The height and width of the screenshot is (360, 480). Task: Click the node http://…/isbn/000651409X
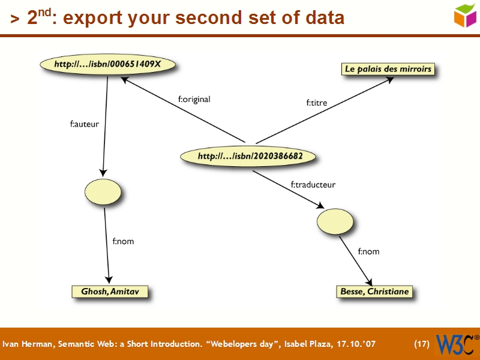click(107, 64)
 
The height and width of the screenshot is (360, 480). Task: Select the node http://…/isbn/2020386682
click(250, 157)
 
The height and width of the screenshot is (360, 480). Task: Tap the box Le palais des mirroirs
click(388, 69)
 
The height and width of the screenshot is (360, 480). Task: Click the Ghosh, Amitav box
click(108, 292)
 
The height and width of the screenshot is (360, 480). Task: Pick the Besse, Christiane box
click(374, 292)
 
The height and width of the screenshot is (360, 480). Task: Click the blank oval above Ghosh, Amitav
click(103, 191)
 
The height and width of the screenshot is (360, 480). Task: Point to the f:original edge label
click(194, 100)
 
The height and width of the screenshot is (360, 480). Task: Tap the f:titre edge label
click(317, 103)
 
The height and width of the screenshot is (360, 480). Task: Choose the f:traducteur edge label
click(313, 185)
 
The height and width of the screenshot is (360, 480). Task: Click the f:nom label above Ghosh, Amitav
click(123, 241)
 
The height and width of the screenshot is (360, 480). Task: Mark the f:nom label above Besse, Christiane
click(368, 251)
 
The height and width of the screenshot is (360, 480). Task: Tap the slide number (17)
click(422, 344)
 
